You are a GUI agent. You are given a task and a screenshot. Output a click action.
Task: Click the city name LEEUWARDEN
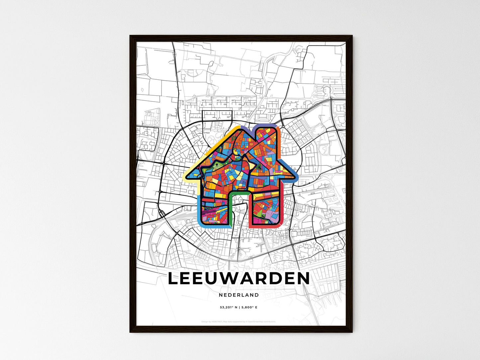coord(239,279)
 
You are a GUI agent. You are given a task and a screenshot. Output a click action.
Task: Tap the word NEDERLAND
coord(239,295)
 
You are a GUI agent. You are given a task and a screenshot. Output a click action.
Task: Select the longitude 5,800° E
coord(249,307)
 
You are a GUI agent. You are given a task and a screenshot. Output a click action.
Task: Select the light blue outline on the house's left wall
coord(199,209)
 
